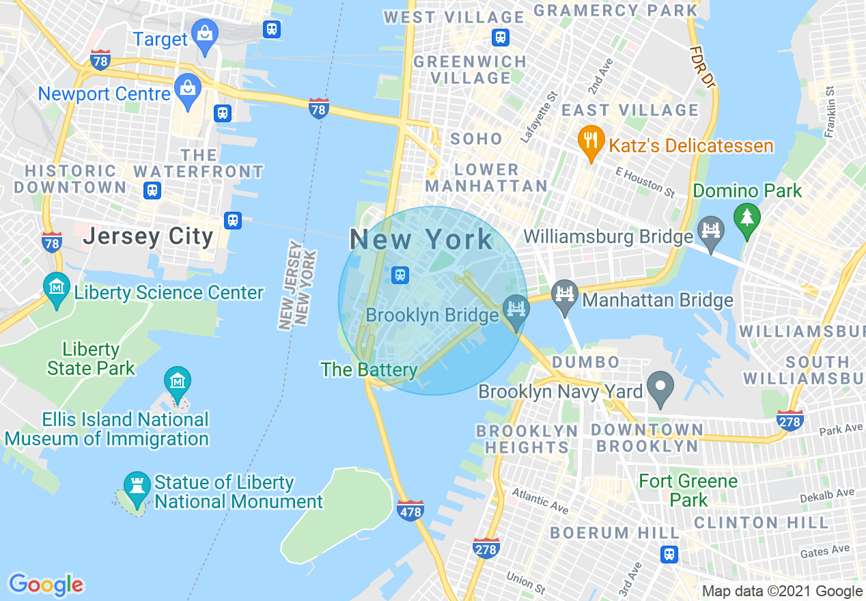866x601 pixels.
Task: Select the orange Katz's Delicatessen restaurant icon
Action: point(588,141)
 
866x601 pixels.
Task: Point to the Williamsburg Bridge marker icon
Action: point(711,231)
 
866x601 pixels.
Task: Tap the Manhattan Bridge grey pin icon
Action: point(565,294)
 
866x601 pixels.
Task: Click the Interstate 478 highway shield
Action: point(410,509)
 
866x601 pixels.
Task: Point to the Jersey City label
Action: point(148,237)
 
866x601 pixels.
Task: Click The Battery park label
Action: point(369,370)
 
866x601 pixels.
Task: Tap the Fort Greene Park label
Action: point(688,490)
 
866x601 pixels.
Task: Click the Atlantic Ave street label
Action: point(540,501)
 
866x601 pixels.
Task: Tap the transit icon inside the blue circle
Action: point(400,275)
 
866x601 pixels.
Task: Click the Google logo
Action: point(46,585)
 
